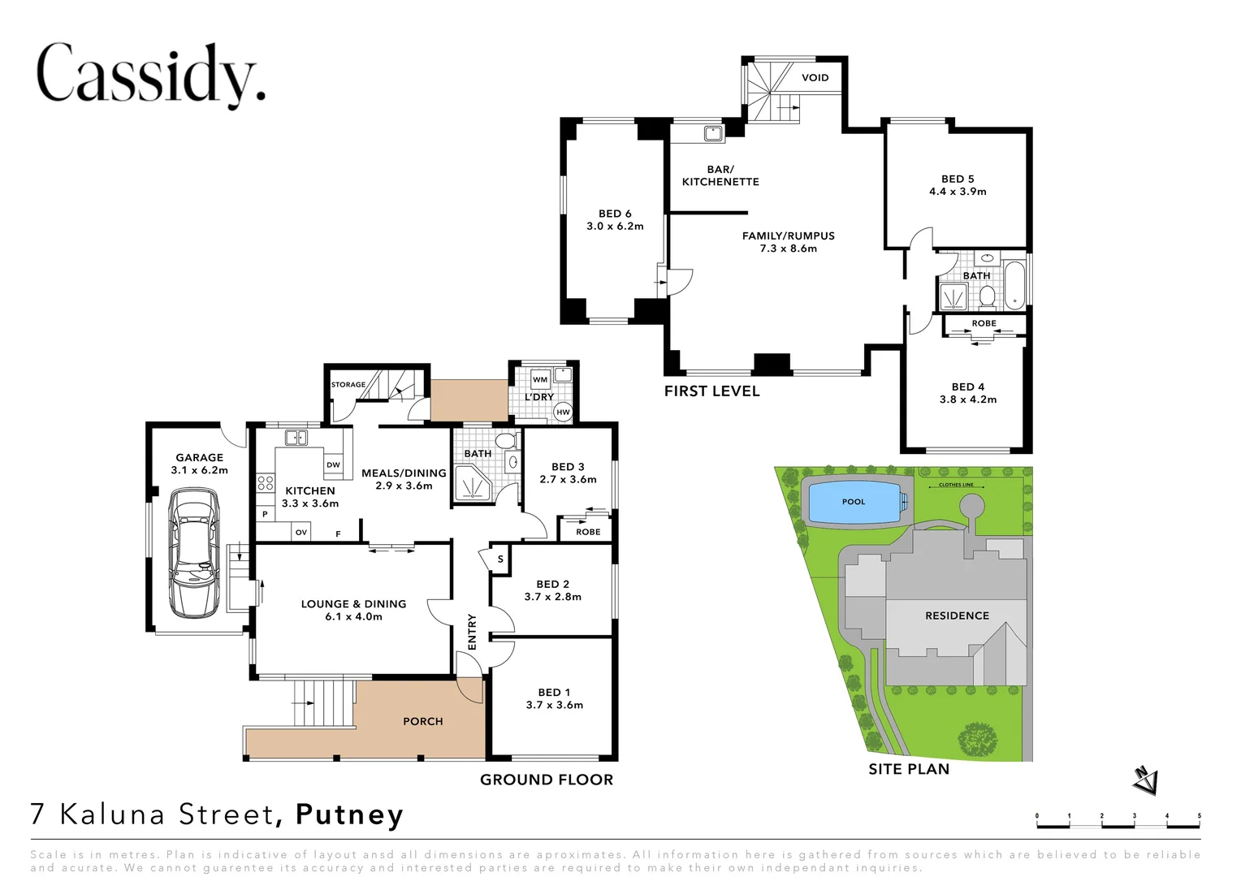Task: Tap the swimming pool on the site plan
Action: (x=854, y=502)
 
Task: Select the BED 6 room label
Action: (x=615, y=214)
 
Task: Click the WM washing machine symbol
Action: (x=540, y=379)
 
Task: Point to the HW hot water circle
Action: (x=563, y=412)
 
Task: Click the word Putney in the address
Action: (x=349, y=814)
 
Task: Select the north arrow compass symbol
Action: (x=1145, y=780)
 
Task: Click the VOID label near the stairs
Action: (x=815, y=78)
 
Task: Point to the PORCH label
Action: (x=423, y=721)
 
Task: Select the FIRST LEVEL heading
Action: (x=711, y=391)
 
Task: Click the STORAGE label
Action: (x=348, y=385)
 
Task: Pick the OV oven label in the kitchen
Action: (x=301, y=533)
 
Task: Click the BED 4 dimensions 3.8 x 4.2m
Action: (x=968, y=400)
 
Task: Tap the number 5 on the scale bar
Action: (x=1199, y=816)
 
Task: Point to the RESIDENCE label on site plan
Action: (x=957, y=616)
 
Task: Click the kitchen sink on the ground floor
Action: (x=296, y=438)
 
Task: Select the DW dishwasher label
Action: (x=333, y=465)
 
